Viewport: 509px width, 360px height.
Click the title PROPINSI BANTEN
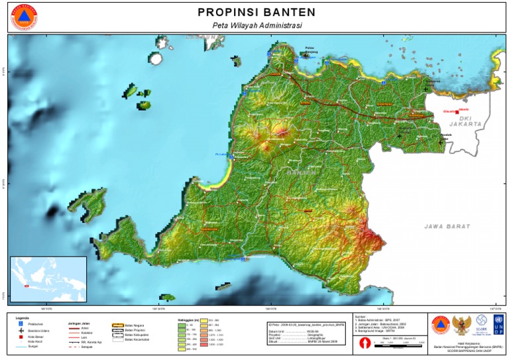point(256,12)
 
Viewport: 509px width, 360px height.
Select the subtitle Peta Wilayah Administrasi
point(256,25)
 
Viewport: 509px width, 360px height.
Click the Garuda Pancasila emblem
point(460,326)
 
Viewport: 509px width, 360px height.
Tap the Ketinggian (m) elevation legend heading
point(190,320)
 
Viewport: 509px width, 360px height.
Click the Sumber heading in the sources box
point(362,317)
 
